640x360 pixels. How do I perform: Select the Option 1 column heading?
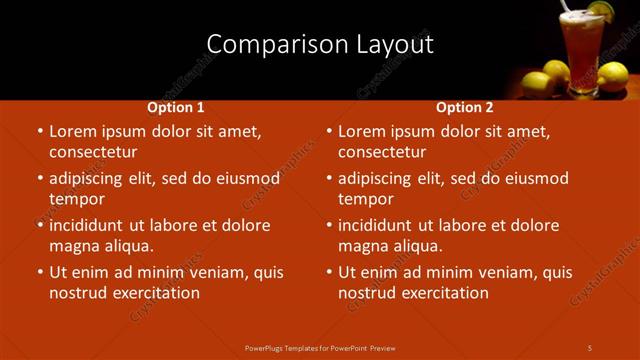176,107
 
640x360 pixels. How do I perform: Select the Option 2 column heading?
465,107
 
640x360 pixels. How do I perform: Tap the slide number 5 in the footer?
590,347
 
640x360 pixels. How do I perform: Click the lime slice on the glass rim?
599,10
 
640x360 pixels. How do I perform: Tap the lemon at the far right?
612,75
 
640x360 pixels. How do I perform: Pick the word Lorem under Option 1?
73,131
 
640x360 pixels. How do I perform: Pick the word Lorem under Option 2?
362,131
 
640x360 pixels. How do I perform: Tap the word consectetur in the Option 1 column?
93,152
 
